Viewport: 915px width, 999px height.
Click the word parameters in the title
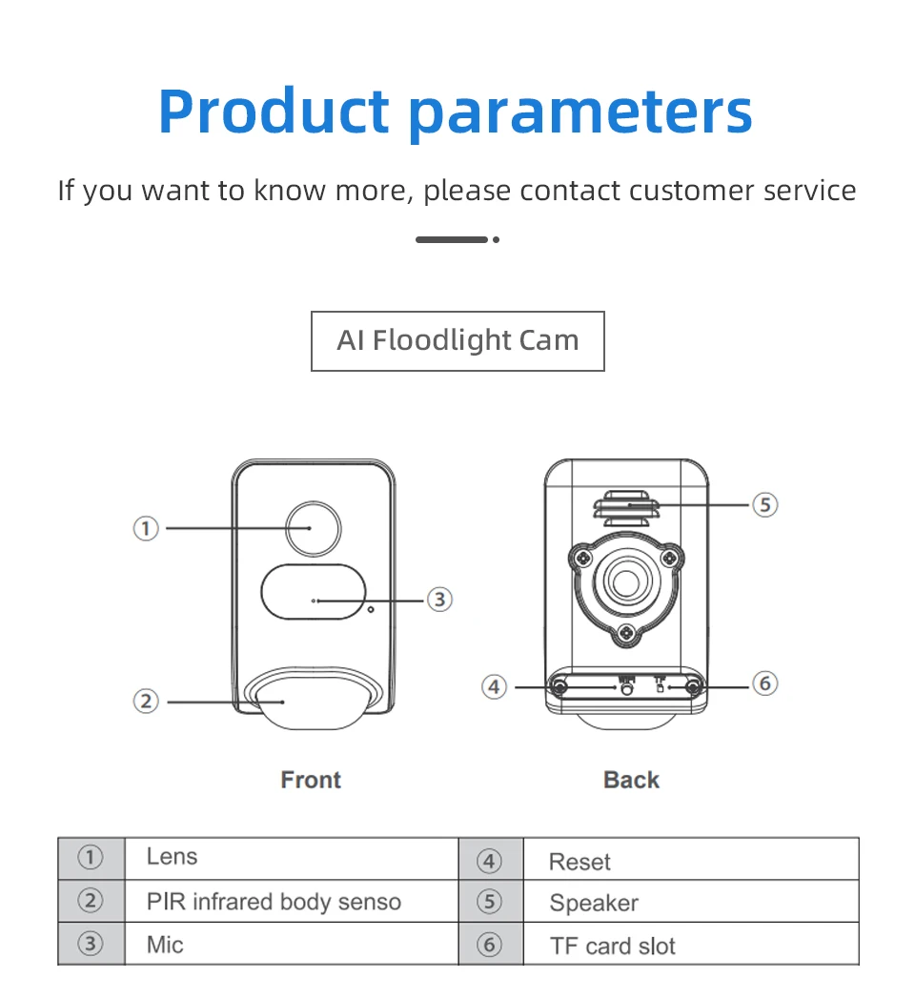click(x=580, y=112)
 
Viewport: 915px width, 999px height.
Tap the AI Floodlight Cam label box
click(x=457, y=340)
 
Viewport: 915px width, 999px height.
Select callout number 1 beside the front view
click(x=145, y=527)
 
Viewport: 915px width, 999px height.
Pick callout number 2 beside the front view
click(x=145, y=702)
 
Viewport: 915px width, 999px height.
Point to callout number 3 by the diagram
click(x=438, y=600)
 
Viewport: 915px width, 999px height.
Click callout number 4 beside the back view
click(x=494, y=686)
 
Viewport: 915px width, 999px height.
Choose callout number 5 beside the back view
click(x=765, y=504)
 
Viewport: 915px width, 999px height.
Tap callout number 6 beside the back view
click(x=765, y=683)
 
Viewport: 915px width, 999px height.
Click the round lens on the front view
click(x=314, y=528)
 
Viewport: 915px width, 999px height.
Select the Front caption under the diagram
click(x=311, y=780)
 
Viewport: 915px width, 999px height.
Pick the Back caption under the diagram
click(x=631, y=780)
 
